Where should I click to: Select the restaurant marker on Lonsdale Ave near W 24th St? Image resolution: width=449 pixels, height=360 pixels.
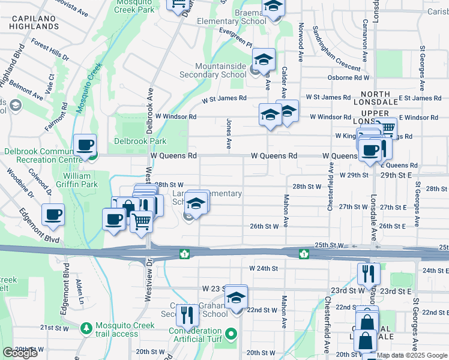368,274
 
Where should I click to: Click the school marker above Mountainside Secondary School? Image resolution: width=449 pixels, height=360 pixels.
264,59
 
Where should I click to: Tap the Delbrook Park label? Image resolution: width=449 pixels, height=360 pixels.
140,142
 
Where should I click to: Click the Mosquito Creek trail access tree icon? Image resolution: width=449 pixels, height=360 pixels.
87,328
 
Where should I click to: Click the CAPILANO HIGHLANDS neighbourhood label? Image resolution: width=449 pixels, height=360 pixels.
32,23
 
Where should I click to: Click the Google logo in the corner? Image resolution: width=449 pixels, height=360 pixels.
20,353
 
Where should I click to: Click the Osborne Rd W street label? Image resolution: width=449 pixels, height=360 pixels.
348,77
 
